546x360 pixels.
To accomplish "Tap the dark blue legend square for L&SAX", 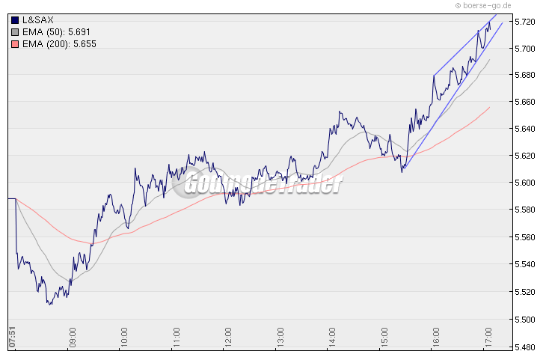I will pyautogui.click(x=16, y=19).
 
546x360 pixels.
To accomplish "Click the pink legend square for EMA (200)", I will pyautogui.click(x=16, y=43).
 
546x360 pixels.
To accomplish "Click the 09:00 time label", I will pyautogui.click(x=73, y=334).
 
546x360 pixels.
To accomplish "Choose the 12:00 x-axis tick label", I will pyautogui.click(x=228, y=334).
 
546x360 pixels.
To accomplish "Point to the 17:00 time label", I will pyautogui.click(x=487, y=334).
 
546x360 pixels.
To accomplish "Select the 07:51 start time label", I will pyautogui.click(x=11, y=334).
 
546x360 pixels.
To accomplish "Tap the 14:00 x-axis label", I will pyautogui.click(x=332, y=334).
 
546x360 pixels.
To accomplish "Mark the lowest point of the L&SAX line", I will pyautogui.click(x=49, y=304).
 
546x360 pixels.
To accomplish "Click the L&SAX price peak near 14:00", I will pyautogui.click(x=340, y=112).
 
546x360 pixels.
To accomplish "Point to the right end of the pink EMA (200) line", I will pyautogui.click(x=490, y=107).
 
